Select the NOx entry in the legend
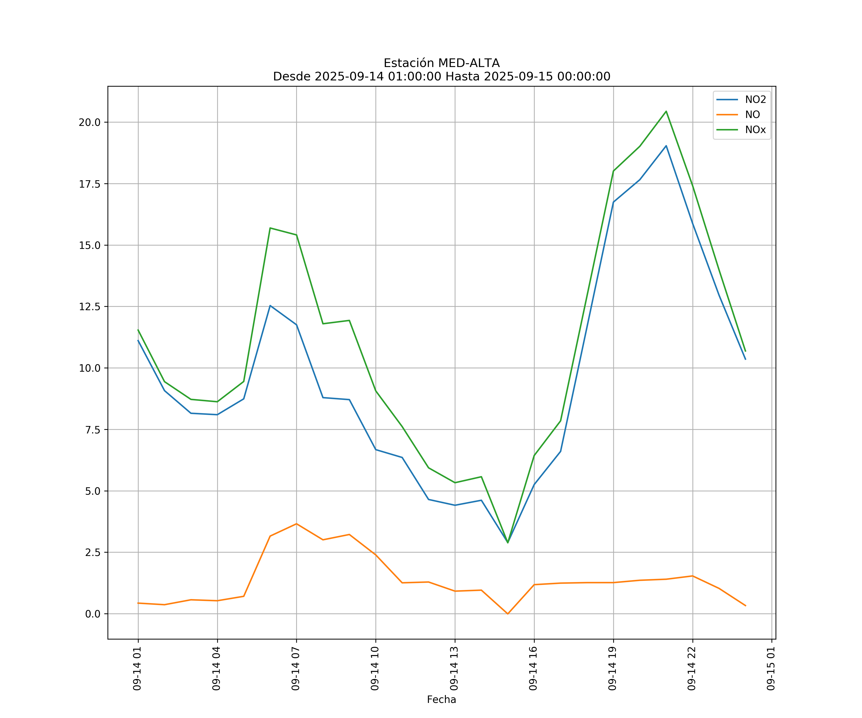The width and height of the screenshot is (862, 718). pos(755,130)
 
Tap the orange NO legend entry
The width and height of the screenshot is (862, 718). pos(752,114)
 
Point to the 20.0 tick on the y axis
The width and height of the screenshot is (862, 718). pos(90,122)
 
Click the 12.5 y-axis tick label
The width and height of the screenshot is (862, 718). pos(90,307)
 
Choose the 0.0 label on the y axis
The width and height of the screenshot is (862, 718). pos(92,614)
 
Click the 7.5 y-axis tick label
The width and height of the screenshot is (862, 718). pos(92,430)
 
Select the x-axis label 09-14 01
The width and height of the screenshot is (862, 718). pos(137,668)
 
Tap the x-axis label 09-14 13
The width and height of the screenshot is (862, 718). pos(454,668)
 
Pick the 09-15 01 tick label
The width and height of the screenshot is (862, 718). pos(771,668)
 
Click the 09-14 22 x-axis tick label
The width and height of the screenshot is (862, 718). pos(692,668)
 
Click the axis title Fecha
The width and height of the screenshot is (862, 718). pos(441,700)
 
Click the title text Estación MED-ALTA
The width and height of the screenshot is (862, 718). pos(441,63)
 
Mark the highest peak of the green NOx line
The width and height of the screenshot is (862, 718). pos(666,111)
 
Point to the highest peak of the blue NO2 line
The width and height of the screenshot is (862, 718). pos(666,146)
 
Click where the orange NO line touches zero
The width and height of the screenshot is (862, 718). pos(508,613)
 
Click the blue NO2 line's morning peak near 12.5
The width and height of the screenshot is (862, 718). pos(270,306)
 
